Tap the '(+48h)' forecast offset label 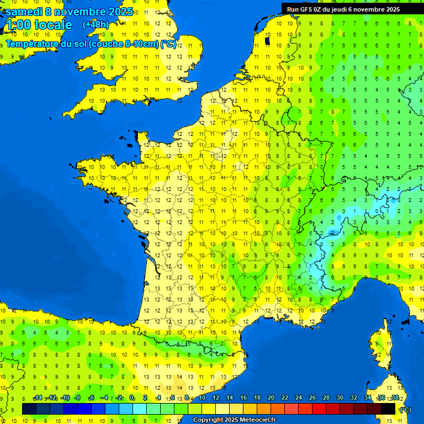click(x=96, y=24)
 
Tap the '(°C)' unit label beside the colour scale click(x=405, y=409)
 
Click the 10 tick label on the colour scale click(x=202, y=398)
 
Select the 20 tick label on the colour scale click(x=271, y=398)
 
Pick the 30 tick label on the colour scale click(x=340, y=398)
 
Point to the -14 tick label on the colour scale click(x=38, y=398)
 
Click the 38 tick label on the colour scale click(x=395, y=398)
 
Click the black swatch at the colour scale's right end click(x=389, y=409)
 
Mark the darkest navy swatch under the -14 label click(x=29, y=409)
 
